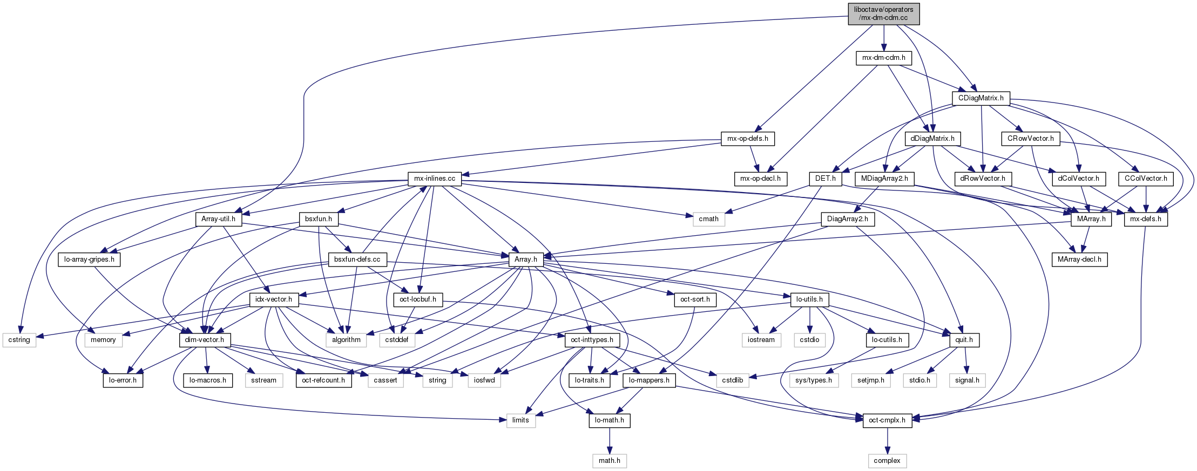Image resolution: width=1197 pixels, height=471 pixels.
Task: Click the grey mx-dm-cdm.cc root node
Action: tap(883, 13)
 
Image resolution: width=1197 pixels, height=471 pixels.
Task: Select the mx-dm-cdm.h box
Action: tap(883, 58)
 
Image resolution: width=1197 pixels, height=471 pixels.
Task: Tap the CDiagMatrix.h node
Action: tap(980, 98)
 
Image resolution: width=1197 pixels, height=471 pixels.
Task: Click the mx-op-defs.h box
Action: tap(748, 139)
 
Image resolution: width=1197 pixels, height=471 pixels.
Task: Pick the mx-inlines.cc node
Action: tap(434, 179)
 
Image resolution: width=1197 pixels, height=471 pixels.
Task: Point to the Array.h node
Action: tap(525, 260)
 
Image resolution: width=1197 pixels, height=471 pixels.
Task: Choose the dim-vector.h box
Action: tap(205, 340)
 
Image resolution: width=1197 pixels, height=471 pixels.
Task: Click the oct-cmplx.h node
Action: tap(887, 420)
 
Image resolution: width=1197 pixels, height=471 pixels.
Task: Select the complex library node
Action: tap(887, 461)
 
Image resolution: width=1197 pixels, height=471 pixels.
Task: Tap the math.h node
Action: tap(609, 461)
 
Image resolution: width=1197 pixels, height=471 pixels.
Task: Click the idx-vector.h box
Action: tap(274, 299)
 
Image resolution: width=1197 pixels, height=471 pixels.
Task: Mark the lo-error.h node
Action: tap(123, 380)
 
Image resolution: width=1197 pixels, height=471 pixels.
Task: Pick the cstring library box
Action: tap(19, 340)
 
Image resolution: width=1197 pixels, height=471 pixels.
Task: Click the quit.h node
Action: tap(964, 340)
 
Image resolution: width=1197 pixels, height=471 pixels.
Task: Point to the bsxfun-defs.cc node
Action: tap(357, 260)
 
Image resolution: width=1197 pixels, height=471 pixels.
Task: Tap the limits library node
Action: tap(520, 420)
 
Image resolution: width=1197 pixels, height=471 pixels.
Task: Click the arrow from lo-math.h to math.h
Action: tap(609, 441)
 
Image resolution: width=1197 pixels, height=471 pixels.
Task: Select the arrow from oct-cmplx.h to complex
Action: tap(887, 441)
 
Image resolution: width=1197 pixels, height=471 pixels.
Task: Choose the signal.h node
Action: tap(967, 380)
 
